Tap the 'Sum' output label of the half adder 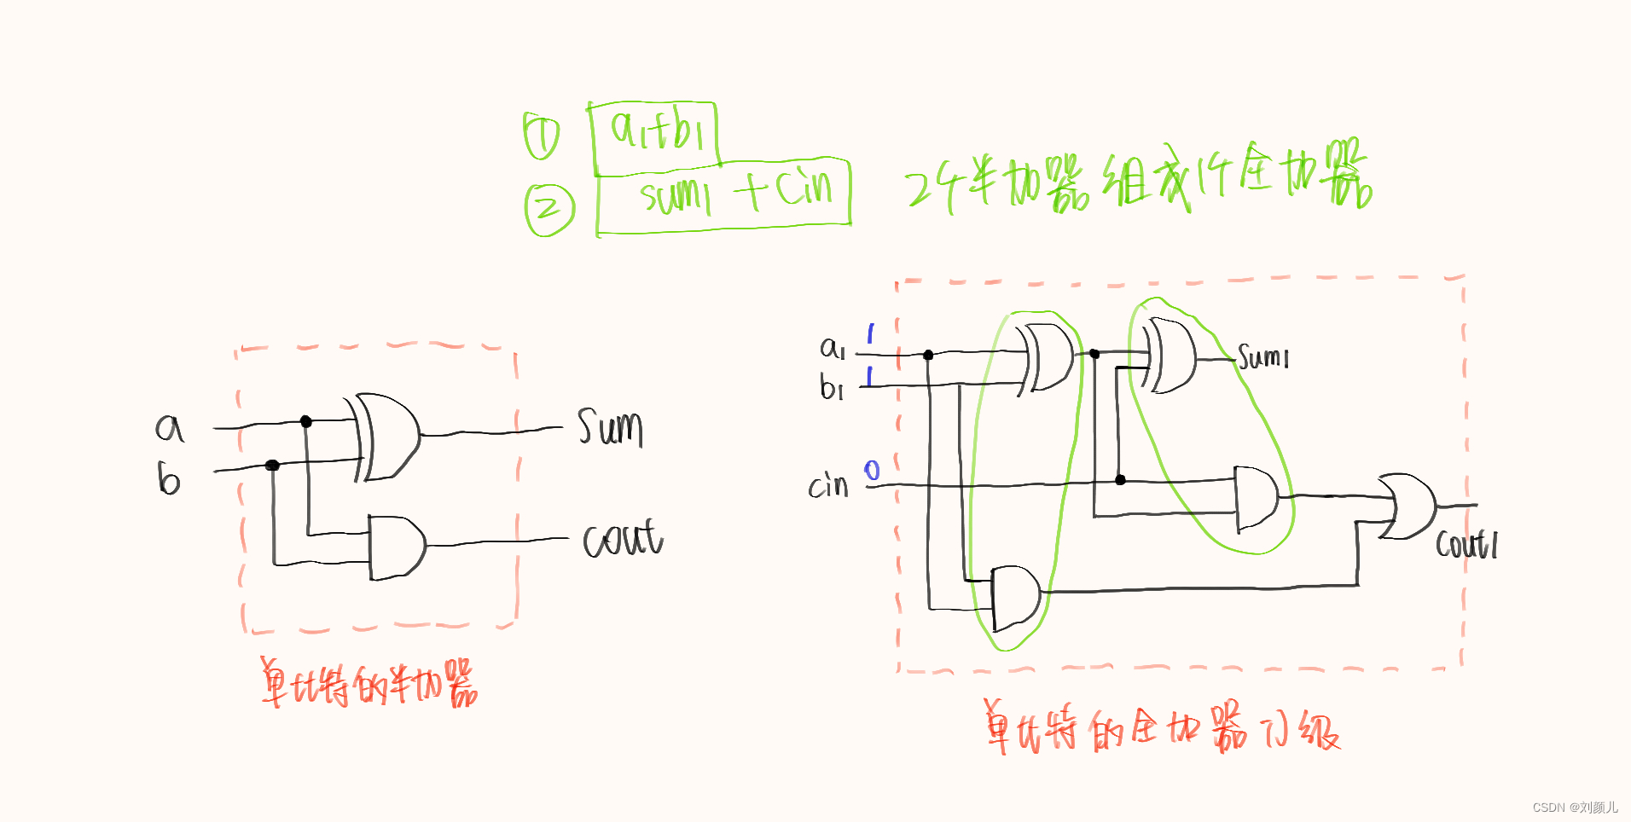pyautogui.click(x=610, y=427)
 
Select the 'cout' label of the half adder pyautogui.click(x=622, y=539)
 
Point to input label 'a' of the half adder pyautogui.click(x=170, y=427)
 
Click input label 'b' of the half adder pyautogui.click(x=169, y=479)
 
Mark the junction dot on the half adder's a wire pyautogui.click(x=306, y=421)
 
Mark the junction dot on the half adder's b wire pyautogui.click(x=272, y=465)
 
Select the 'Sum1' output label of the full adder pyautogui.click(x=1263, y=357)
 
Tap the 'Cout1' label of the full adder pyautogui.click(x=1466, y=544)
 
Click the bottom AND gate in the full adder pyautogui.click(x=1016, y=597)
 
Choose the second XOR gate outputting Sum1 pyautogui.click(x=1171, y=356)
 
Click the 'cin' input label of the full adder pyautogui.click(x=828, y=486)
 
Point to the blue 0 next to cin pyautogui.click(x=872, y=471)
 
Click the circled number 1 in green pyautogui.click(x=541, y=136)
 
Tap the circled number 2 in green pyautogui.click(x=549, y=209)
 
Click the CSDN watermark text pyautogui.click(x=1575, y=807)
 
